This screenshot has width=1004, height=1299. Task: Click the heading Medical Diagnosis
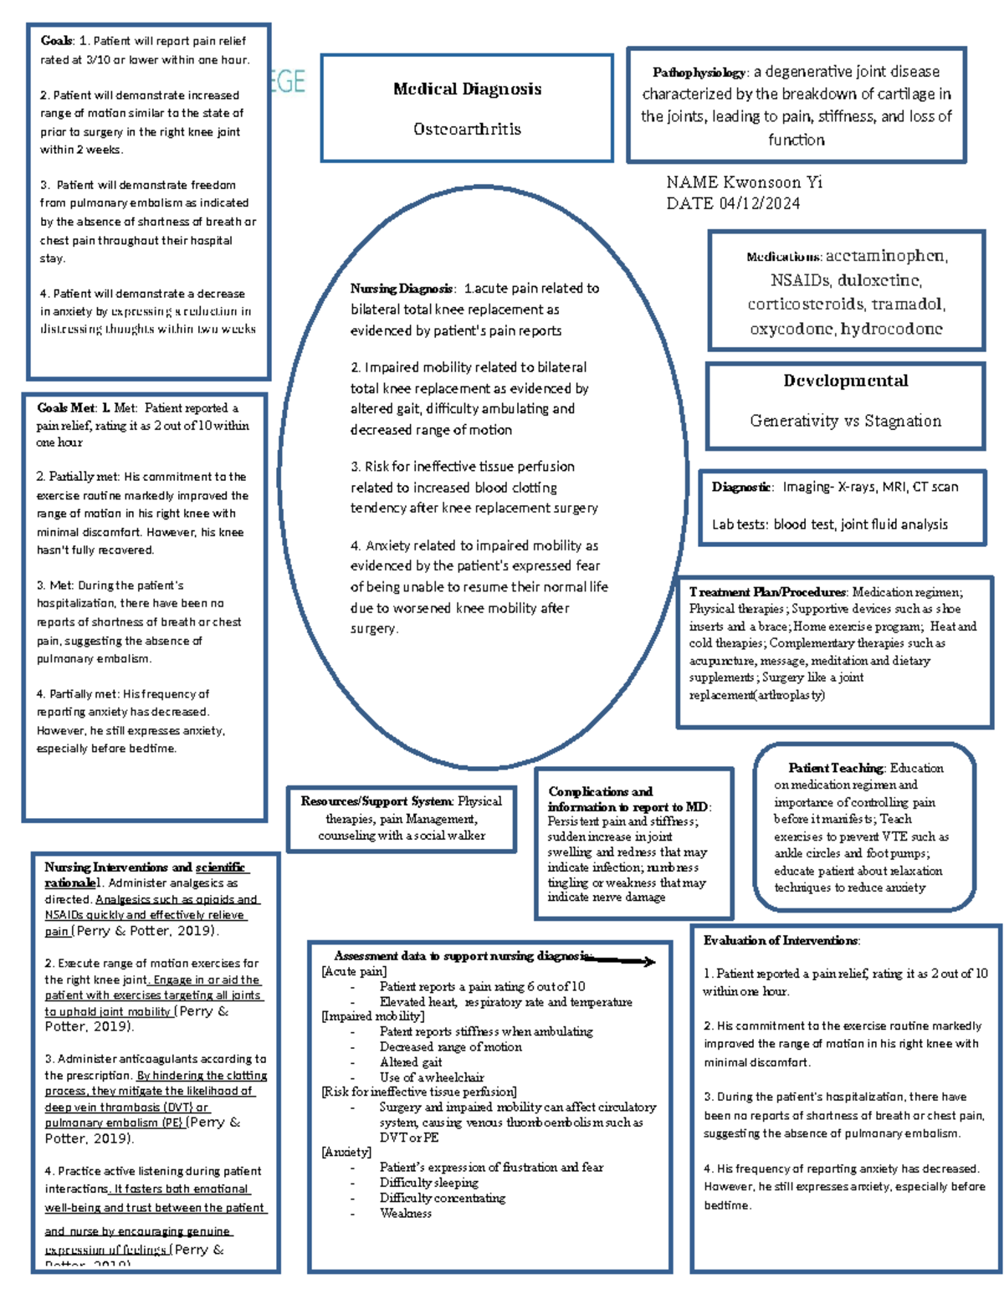click(467, 89)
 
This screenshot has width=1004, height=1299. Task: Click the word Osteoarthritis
click(467, 129)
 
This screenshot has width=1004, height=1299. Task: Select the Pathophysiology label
click(699, 73)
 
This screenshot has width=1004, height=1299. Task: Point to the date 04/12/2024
click(759, 203)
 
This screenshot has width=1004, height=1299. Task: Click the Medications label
click(784, 257)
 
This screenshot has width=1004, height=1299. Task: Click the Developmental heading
click(845, 381)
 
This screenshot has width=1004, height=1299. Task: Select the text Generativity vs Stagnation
click(845, 421)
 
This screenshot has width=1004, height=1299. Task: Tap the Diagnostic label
click(741, 487)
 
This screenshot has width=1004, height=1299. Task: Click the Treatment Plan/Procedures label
click(767, 592)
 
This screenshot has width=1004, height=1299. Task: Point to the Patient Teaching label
click(835, 768)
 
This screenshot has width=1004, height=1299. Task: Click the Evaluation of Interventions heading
click(781, 941)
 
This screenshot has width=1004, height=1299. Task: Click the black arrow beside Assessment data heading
click(623, 961)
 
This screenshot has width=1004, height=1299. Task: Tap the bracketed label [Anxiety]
click(346, 1153)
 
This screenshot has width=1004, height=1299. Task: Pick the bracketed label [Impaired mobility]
click(372, 1016)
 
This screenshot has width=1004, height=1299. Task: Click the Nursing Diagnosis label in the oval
click(402, 289)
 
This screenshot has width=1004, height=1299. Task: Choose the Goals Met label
click(65, 408)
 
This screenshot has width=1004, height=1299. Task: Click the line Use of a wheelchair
click(432, 1077)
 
